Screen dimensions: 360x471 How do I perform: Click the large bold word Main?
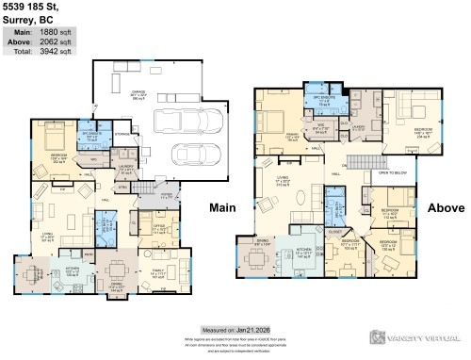click(222, 206)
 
